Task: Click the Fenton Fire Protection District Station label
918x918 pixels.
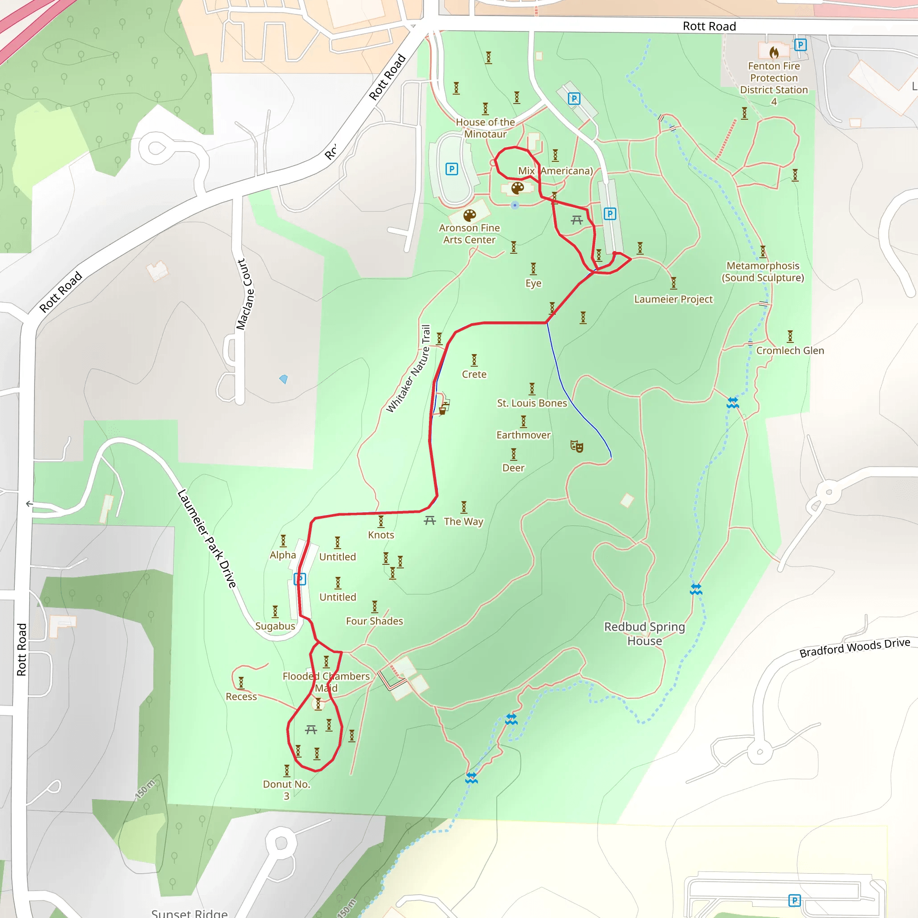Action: pos(774,83)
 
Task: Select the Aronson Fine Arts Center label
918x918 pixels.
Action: pos(469,234)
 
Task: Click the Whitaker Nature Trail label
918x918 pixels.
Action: pos(408,369)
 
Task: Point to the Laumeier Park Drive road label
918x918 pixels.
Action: pos(207,538)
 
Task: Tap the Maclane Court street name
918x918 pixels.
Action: pos(245,294)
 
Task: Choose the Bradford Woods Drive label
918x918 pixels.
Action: pos(854,647)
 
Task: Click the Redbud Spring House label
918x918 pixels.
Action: pos(644,633)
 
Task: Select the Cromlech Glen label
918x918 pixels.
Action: pos(790,351)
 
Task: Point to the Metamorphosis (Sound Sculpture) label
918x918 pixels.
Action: pos(762,272)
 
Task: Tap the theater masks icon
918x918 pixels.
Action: pos(576,446)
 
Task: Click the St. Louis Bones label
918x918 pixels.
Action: pos(532,403)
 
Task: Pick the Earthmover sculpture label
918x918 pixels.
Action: pos(523,435)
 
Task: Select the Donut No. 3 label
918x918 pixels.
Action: pos(286,790)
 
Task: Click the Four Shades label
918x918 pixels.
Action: pos(374,621)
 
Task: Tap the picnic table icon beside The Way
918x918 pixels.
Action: pos(429,520)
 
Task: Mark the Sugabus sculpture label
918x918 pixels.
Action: pos(275,626)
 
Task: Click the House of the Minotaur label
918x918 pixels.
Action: pos(485,128)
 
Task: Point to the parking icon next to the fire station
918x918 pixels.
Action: pos(800,45)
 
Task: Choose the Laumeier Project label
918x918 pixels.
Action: pos(673,299)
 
